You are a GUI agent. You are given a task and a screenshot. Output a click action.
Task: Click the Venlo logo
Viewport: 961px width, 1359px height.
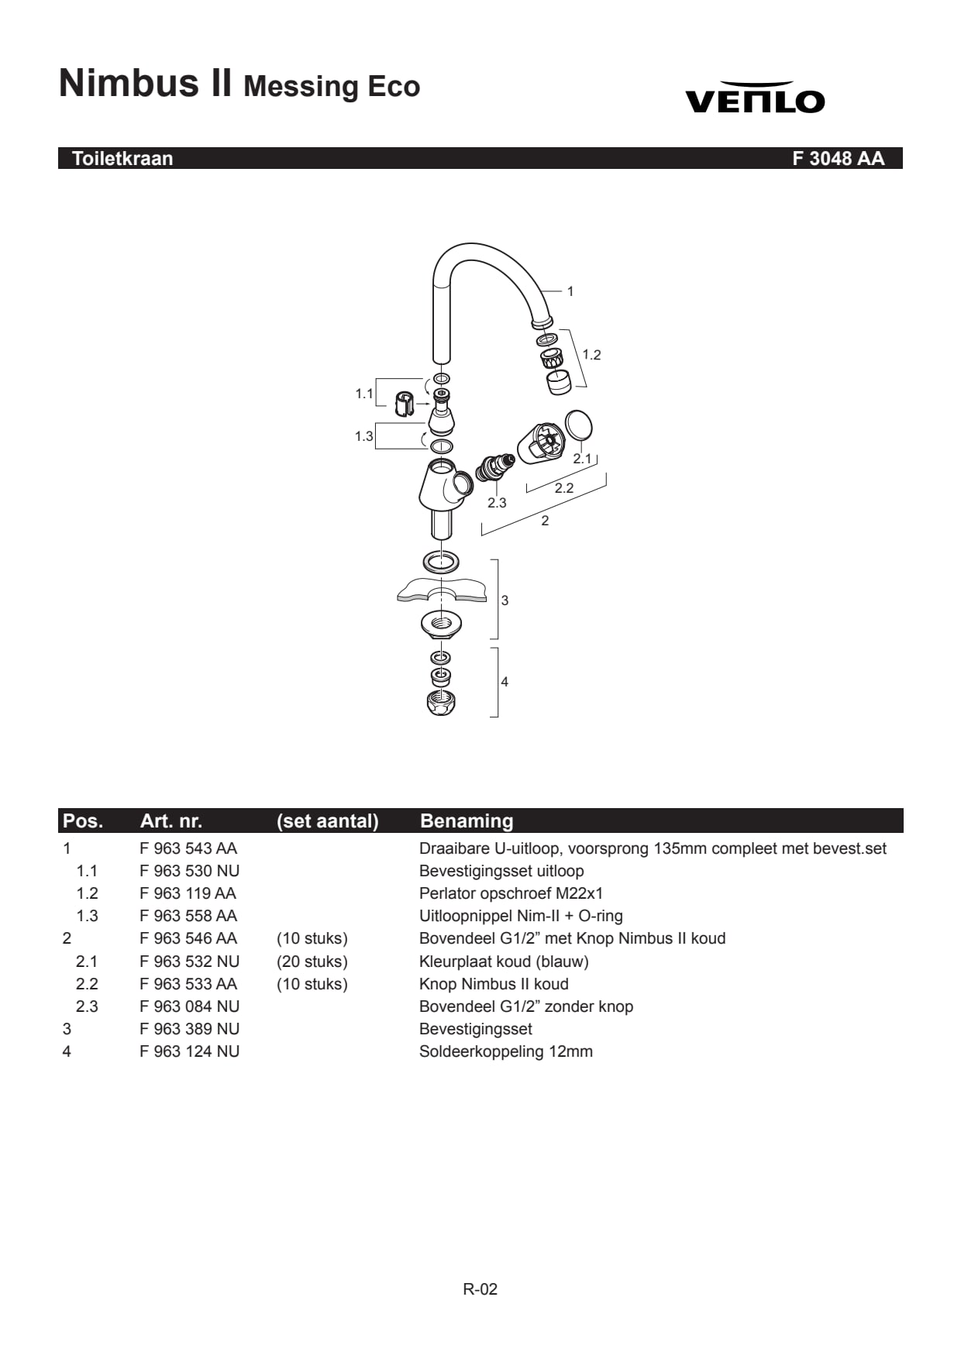point(754,98)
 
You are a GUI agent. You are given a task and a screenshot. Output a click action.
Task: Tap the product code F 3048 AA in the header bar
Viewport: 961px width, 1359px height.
point(838,158)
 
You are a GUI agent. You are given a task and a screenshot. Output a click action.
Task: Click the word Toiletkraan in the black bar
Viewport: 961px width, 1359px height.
point(122,158)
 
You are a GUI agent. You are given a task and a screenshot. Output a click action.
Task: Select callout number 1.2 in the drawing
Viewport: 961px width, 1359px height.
point(591,355)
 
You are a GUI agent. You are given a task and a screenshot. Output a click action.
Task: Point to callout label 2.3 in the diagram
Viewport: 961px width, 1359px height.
point(497,503)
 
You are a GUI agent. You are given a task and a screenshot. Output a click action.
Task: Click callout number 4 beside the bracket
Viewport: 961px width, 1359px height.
point(505,682)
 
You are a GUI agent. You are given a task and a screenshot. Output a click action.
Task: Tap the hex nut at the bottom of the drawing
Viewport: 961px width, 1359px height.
point(441,703)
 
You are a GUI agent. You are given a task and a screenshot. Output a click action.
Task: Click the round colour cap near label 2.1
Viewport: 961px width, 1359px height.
point(578,426)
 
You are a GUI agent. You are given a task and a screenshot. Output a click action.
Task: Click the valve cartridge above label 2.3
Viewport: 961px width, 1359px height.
point(494,467)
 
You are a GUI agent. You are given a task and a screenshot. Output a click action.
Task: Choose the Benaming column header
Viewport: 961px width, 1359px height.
point(467,821)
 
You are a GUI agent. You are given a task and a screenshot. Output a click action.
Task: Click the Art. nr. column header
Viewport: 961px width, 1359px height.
point(171,821)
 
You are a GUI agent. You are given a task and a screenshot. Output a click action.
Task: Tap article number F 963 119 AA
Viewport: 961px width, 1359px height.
point(188,893)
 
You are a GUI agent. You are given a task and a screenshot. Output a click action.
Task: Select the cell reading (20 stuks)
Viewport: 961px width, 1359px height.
point(312,962)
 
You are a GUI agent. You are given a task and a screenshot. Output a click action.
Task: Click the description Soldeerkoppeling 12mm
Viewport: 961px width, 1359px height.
point(506,1051)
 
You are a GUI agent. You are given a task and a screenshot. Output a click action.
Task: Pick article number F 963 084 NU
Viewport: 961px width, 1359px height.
point(190,1006)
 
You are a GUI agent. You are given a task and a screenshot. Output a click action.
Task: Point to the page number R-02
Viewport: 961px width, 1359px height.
point(480,1289)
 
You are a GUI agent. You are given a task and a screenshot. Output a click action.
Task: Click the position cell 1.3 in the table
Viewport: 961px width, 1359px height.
point(87,916)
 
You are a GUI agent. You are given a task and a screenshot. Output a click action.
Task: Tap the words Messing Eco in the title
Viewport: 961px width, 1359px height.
point(332,86)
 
